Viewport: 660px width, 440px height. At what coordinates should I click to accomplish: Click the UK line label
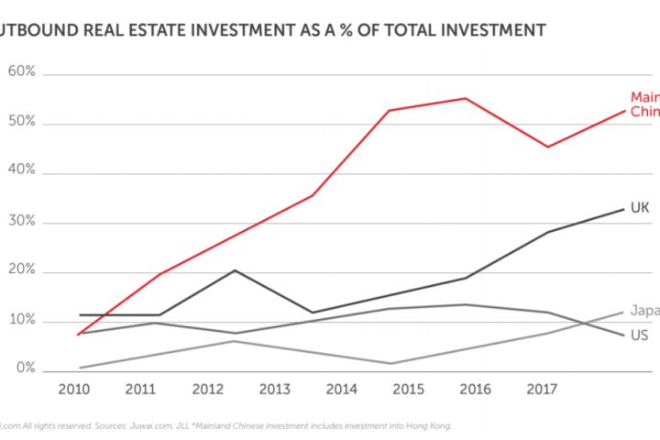(x=640, y=209)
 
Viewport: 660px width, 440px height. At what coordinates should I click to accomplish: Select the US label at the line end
(x=640, y=335)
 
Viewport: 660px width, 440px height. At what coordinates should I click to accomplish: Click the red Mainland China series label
(x=644, y=104)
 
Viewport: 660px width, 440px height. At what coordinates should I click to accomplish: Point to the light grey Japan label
(x=644, y=310)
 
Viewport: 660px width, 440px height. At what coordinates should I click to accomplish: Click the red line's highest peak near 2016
(x=466, y=98)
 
